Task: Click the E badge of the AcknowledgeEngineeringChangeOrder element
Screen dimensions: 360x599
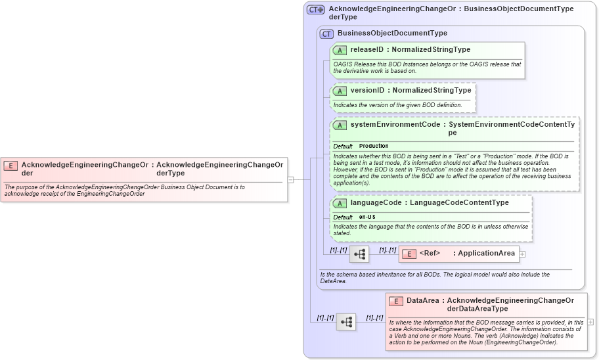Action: coord(11,165)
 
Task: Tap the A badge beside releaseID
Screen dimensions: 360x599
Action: coord(340,50)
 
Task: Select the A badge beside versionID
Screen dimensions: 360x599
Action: coord(340,91)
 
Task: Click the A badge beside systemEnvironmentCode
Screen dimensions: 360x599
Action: coord(340,125)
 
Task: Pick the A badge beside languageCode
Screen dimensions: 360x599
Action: coord(340,203)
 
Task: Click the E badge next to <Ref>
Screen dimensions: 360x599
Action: coord(409,254)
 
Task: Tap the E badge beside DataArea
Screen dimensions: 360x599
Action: coord(395,301)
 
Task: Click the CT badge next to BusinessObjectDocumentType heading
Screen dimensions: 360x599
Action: coord(326,34)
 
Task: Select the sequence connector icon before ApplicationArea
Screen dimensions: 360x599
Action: coord(359,254)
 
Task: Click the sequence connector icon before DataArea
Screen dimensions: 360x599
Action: coord(346,322)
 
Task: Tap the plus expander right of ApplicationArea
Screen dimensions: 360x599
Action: coord(523,254)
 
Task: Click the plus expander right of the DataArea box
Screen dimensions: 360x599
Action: coord(590,322)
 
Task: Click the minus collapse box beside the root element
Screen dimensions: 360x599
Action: coord(290,179)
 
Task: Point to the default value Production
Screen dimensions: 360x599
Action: coord(374,146)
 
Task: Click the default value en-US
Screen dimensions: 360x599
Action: coord(367,217)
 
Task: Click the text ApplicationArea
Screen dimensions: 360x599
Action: coord(486,254)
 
